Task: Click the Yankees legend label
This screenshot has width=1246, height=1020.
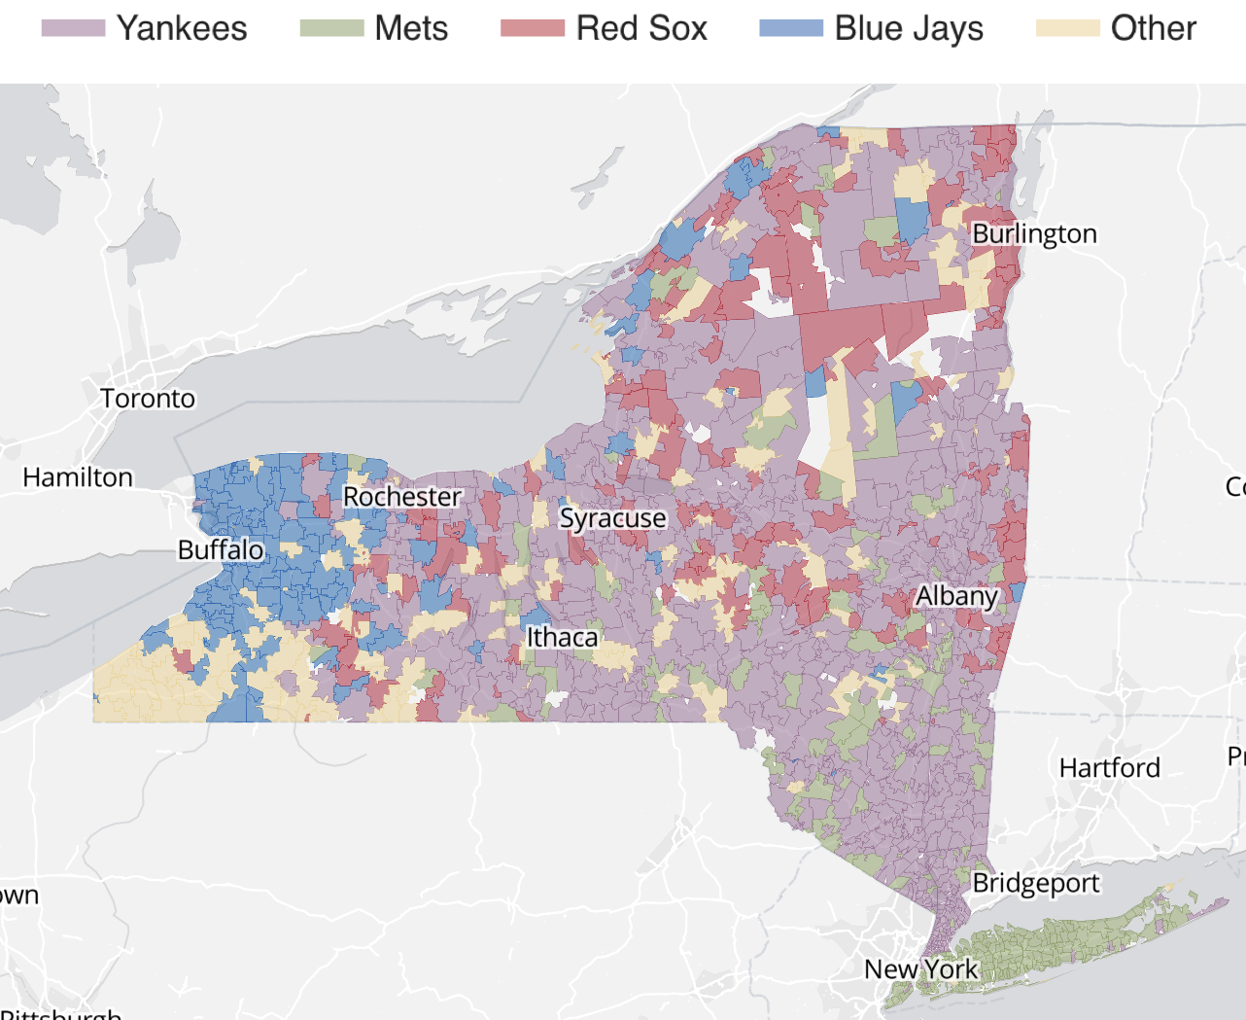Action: coord(182,28)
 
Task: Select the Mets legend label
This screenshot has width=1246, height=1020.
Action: coord(411,28)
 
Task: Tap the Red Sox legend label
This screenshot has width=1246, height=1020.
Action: coord(641,28)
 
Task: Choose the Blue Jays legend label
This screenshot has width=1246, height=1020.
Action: coord(909,28)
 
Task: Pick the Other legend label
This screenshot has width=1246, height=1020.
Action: coord(1153,28)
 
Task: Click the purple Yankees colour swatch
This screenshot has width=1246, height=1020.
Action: coord(73,28)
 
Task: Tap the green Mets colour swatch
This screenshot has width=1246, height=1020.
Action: coord(331,28)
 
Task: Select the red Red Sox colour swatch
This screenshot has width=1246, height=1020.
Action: coord(533,28)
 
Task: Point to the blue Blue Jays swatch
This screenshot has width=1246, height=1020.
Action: coord(791,28)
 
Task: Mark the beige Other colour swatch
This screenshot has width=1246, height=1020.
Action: coord(1067,28)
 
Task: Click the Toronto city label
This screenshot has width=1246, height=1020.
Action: coord(148,399)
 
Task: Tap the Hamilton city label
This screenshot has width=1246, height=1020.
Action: coord(78,477)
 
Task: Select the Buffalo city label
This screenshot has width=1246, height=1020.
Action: coord(221,549)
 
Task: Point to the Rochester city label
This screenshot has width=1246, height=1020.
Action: coord(402,497)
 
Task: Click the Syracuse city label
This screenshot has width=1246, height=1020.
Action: coord(612,518)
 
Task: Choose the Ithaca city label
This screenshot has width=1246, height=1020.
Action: coord(562,637)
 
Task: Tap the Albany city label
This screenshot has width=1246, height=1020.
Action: coord(956,596)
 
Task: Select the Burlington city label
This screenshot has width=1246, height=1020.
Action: coord(1034,233)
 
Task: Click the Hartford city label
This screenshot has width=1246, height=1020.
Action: coord(1109,768)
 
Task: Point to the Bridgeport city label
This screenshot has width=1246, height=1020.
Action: coord(1036,883)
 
